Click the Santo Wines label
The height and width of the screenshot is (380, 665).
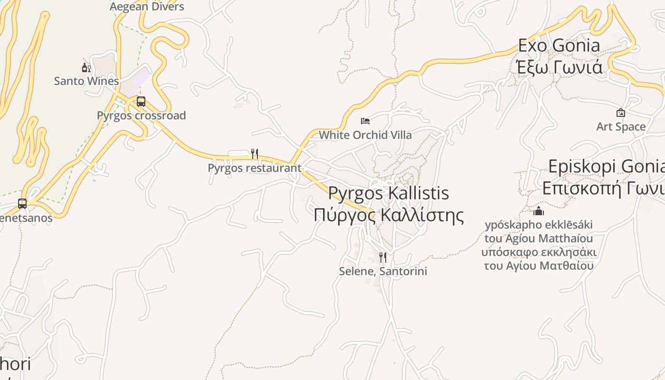point(86,81)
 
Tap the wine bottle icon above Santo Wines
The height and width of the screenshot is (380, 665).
point(86,68)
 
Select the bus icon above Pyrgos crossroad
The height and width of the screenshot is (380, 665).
point(141,102)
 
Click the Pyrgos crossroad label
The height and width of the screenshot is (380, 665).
point(141,115)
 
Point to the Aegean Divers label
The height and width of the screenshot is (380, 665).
point(147,7)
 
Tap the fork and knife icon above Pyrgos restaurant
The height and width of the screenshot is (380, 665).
point(255,154)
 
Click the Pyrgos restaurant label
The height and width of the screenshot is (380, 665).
point(255,168)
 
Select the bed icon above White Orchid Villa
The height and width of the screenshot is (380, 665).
point(365,121)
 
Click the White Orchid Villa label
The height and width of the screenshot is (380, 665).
point(365,135)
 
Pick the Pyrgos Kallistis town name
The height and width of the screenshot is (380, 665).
point(389,193)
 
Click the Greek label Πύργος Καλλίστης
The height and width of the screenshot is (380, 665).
point(389,215)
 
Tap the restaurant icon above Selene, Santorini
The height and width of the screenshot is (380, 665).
point(383,257)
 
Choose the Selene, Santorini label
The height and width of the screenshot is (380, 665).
point(383,271)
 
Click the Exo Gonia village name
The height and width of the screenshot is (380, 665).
point(559,46)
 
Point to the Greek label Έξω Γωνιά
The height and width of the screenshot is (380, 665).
point(559,67)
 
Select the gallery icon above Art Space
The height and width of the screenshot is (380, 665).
point(620,113)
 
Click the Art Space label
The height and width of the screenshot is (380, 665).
point(621,127)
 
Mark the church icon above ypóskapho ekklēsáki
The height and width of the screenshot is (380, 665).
point(539,211)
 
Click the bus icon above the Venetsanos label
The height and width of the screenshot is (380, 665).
point(22,204)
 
